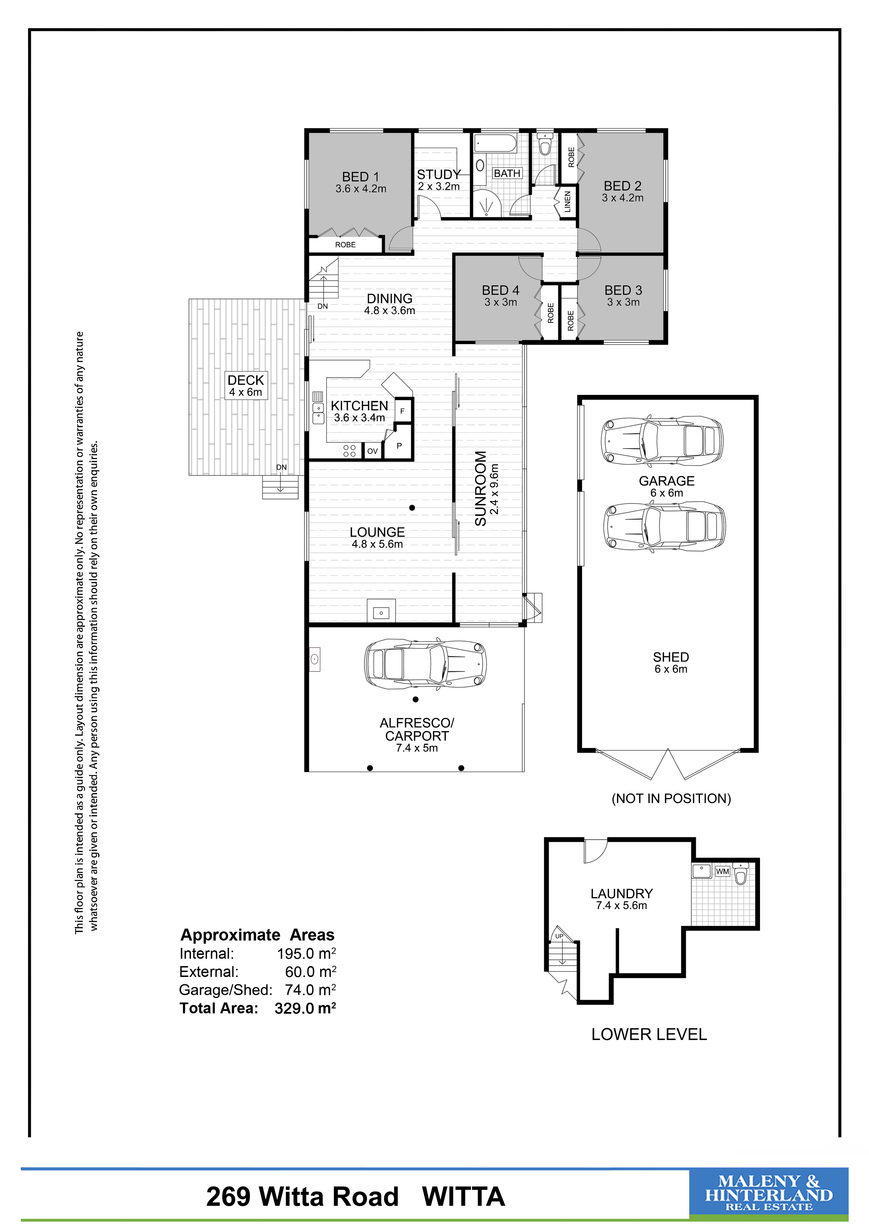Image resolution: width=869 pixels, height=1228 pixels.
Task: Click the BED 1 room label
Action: pos(361,176)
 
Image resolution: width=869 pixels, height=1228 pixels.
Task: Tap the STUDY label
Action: pos(439,174)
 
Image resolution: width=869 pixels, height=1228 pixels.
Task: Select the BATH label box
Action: pos(507,173)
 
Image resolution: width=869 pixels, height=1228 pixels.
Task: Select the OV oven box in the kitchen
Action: pos(372,451)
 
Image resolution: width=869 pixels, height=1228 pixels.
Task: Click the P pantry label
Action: pos(399,445)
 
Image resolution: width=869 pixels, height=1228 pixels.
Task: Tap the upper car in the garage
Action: pos(663,438)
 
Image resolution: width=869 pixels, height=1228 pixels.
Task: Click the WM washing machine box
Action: pos(723,871)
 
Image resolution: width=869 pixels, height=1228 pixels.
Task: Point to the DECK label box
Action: pos(246,386)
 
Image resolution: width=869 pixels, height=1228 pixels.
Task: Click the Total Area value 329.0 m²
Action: pos(305,1008)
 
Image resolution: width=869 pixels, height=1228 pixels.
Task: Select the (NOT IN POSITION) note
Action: pos(671,798)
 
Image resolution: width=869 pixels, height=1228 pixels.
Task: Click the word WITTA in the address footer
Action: pos(463,1197)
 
